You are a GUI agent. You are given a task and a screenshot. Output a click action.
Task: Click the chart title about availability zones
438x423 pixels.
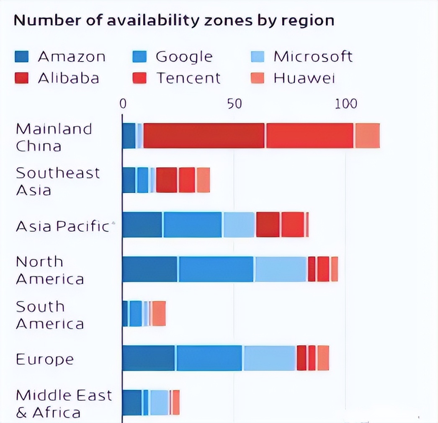[x=174, y=21]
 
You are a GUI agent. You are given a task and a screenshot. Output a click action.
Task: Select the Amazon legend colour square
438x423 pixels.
[x=21, y=57]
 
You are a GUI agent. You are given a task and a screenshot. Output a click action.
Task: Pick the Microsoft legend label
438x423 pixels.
[x=313, y=57]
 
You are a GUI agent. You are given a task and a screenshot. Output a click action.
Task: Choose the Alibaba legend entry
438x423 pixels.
[x=68, y=78]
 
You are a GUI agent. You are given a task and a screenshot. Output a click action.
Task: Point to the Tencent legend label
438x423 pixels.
[x=188, y=78]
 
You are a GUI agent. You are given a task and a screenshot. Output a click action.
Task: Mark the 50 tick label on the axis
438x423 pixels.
[x=234, y=104]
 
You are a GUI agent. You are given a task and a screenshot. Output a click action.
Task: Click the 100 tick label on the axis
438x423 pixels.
[x=346, y=104]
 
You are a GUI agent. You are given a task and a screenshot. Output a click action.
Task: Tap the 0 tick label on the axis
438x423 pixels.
[x=123, y=104]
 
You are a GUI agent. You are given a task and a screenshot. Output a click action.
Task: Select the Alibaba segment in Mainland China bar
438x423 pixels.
[x=204, y=136]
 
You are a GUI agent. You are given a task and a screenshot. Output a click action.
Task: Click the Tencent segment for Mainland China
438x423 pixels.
[x=310, y=136]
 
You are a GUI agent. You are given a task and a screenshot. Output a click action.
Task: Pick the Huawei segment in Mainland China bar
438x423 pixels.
[x=368, y=136]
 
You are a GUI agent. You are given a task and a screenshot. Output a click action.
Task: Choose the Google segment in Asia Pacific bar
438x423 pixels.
[x=193, y=225]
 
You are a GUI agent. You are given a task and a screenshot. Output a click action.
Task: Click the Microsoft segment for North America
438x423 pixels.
[x=281, y=269]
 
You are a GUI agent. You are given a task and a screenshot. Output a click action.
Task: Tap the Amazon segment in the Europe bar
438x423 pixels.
[x=149, y=358]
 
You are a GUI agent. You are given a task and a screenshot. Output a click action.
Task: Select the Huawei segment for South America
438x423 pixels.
[x=159, y=314]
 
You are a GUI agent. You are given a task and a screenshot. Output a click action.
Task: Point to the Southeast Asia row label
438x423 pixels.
[x=58, y=181]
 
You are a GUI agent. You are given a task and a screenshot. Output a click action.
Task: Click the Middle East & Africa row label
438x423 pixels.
[x=64, y=403]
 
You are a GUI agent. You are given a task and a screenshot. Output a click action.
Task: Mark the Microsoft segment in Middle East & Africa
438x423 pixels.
[x=159, y=402]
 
